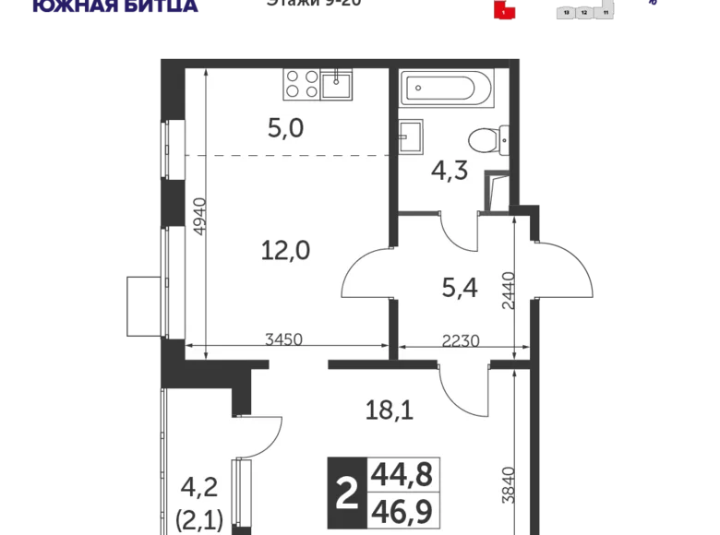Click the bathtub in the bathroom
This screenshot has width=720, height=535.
(438, 90)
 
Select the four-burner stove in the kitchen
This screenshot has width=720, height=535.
(300, 85)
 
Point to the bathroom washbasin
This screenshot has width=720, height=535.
(412, 137)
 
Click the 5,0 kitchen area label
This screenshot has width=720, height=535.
(285, 128)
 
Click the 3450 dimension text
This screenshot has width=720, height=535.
(283, 339)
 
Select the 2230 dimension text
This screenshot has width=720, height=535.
(460, 339)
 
